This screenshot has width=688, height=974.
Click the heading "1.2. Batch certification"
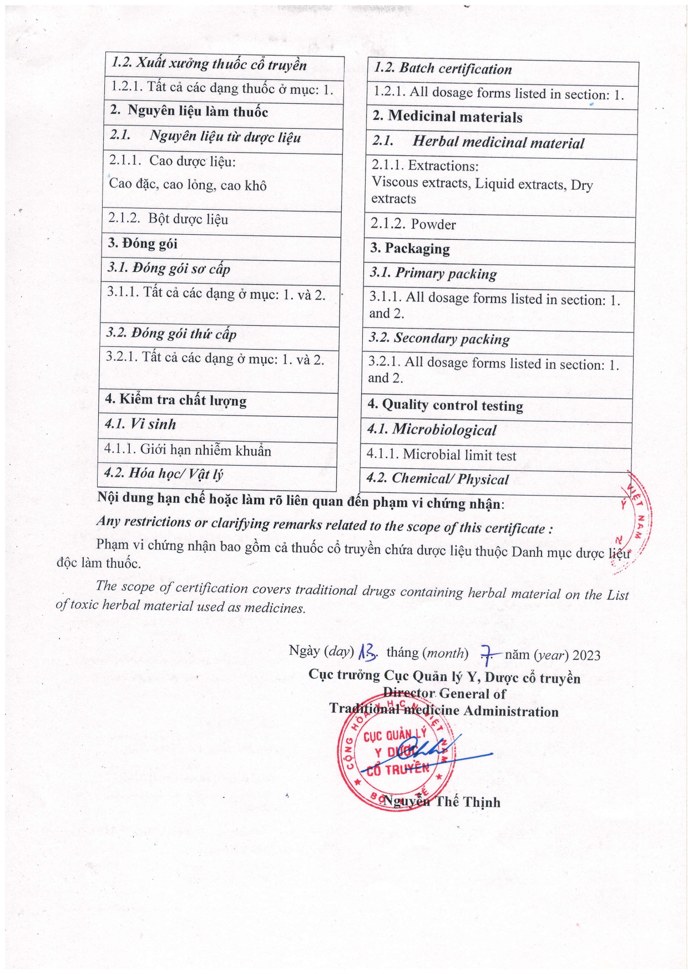(x=442, y=69)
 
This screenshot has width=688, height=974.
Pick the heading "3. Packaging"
(x=410, y=249)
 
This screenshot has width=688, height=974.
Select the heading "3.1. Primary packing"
(x=433, y=274)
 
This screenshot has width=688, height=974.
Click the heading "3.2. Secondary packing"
(x=438, y=339)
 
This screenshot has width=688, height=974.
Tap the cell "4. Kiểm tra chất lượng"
(x=175, y=400)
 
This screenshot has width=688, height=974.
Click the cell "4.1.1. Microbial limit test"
(x=441, y=455)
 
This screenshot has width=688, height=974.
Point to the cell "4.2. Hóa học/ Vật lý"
(x=164, y=473)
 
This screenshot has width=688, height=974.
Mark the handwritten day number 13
(x=368, y=652)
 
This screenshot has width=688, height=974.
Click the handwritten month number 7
(x=487, y=655)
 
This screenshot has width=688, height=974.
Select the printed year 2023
(x=586, y=655)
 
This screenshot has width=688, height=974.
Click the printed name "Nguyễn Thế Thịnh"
(x=442, y=802)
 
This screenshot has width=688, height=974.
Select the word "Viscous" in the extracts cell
(x=393, y=182)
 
